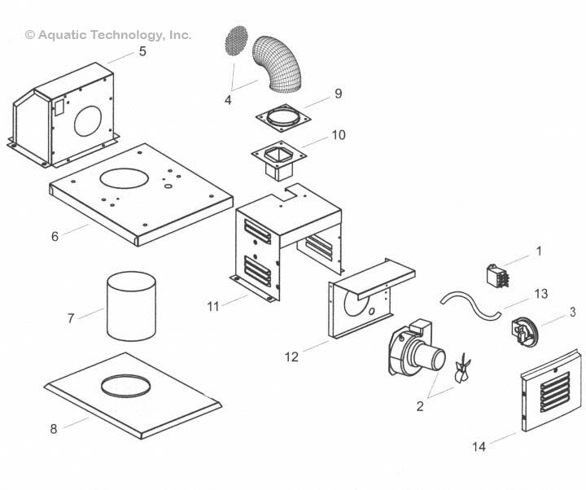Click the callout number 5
142,51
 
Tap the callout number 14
478,445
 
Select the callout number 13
541,293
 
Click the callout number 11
214,306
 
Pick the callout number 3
572,312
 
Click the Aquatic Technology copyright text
108,35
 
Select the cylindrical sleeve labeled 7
132,308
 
